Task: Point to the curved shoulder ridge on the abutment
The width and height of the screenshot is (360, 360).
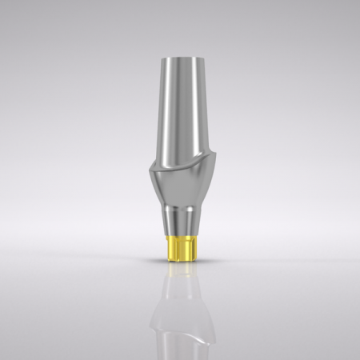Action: click(181, 160)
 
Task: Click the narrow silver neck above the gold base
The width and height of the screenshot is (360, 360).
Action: click(179, 223)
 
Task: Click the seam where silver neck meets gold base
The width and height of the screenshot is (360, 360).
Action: click(179, 236)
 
